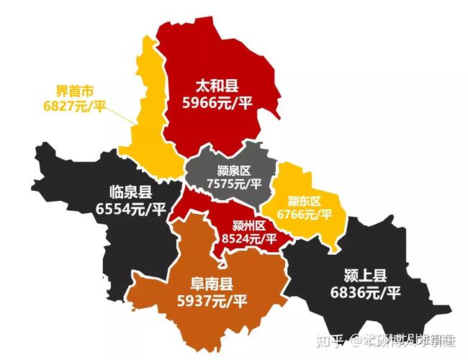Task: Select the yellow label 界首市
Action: coord(75,91)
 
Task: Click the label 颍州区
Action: coord(250,224)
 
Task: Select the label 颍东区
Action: coord(304,201)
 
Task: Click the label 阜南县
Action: coord(205,282)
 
